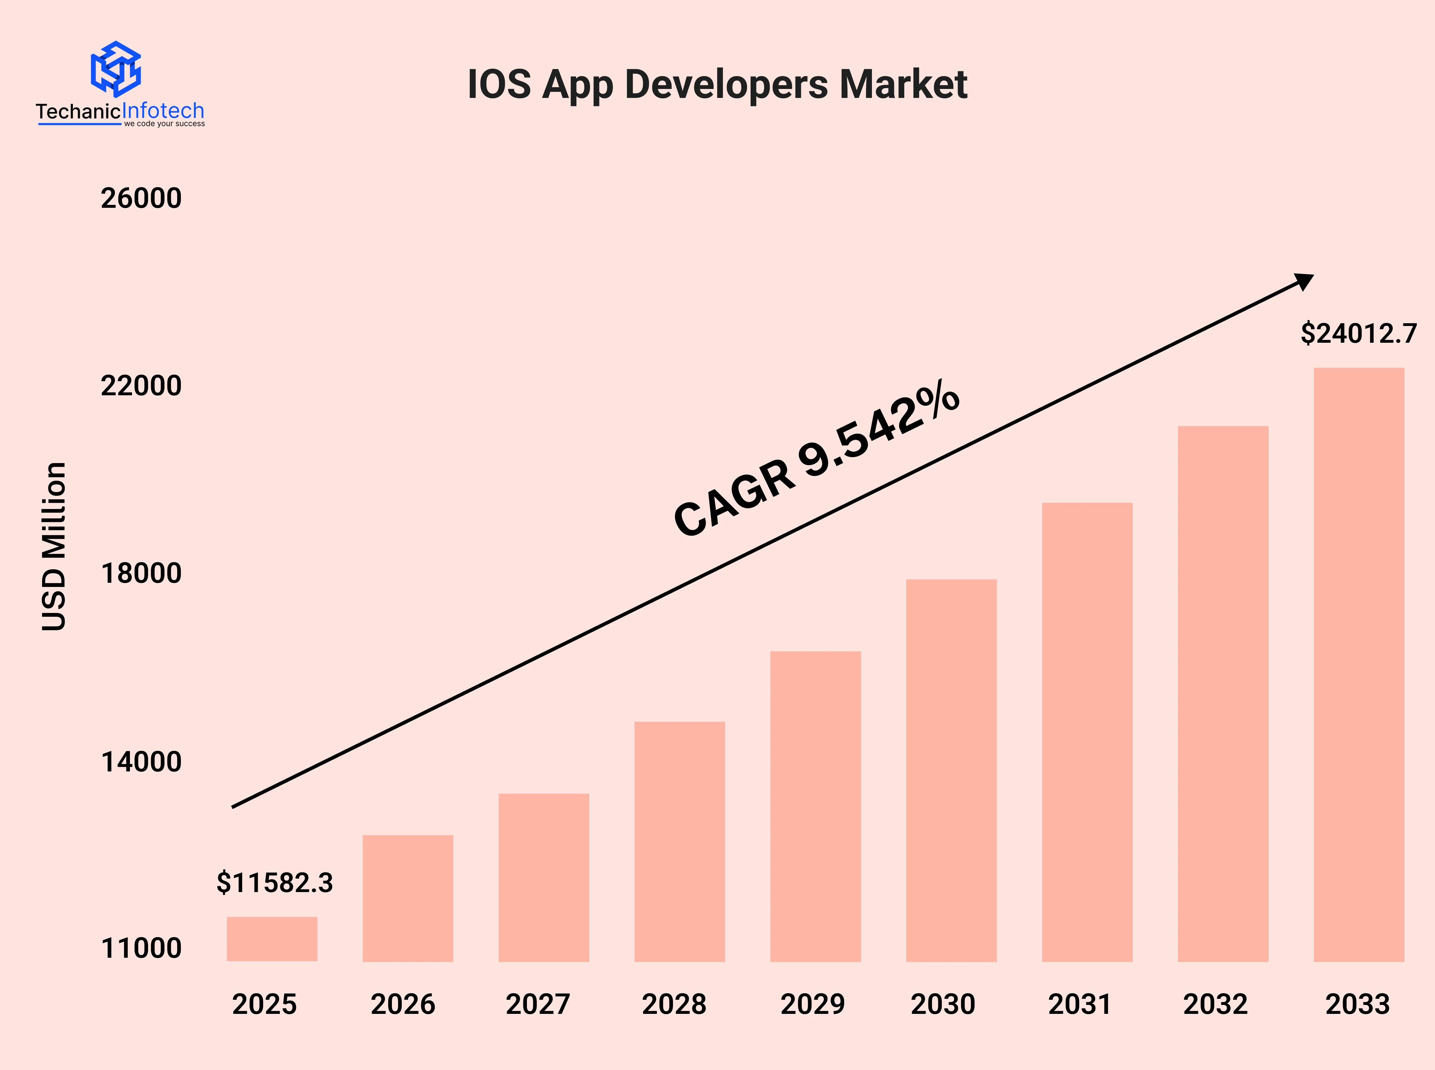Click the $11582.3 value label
[x=275, y=883]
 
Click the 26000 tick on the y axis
[x=141, y=198]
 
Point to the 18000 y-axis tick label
[x=141, y=573]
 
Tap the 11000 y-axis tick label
[x=141, y=948]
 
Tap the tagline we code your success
[x=165, y=124]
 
